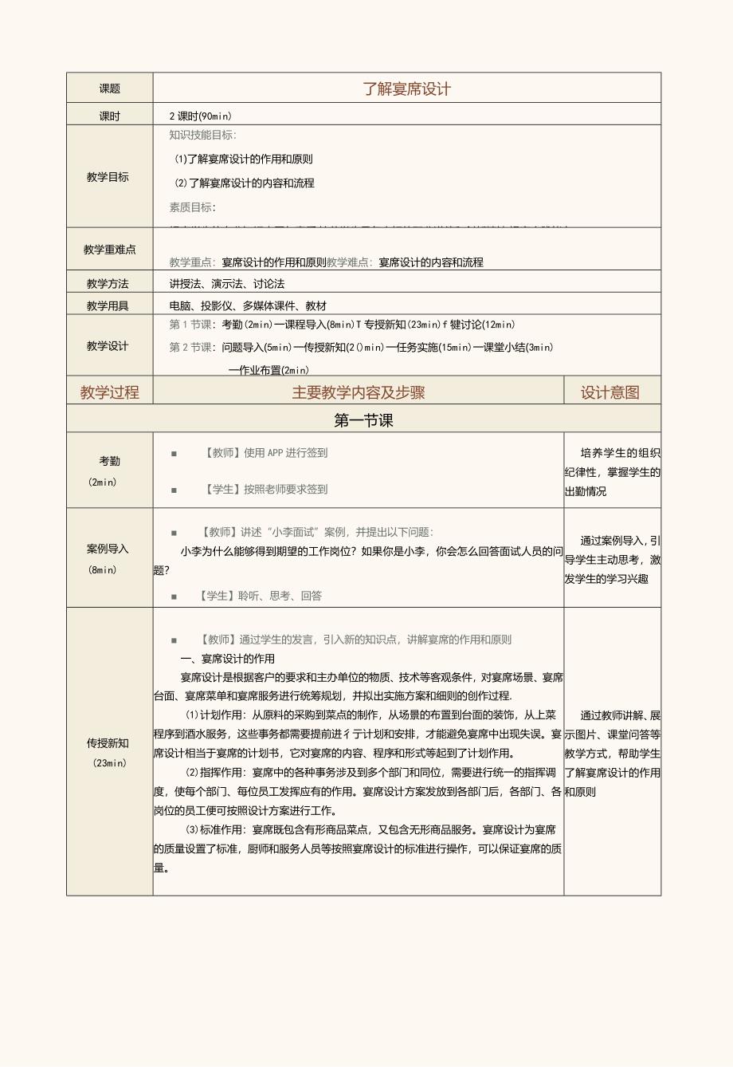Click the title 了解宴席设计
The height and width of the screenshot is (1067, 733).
[406, 89]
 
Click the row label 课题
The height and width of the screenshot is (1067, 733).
[110, 89]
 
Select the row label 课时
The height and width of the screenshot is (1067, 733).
[110, 116]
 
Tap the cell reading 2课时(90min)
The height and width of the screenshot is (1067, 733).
[200, 116]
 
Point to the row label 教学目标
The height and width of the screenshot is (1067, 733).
[108, 177]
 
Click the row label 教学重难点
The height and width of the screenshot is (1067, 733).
[110, 250]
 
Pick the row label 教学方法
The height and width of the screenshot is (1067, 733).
[108, 284]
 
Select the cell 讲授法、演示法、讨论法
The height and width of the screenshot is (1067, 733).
[227, 284]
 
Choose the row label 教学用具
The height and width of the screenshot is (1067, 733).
[108, 305]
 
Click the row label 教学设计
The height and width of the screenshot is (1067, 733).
[108, 346]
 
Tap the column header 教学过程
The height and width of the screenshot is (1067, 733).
[110, 392]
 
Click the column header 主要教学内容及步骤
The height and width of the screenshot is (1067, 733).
[358, 392]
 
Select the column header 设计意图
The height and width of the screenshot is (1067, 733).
[610, 392]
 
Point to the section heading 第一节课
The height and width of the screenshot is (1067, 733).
[363, 420]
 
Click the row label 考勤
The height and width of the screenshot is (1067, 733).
[110, 461]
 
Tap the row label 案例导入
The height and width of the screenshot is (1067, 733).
[108, 549]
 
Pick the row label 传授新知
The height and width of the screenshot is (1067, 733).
[108, 743]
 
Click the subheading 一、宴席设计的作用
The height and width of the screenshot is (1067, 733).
[228, 659]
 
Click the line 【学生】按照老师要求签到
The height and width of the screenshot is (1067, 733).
[266, 490]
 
